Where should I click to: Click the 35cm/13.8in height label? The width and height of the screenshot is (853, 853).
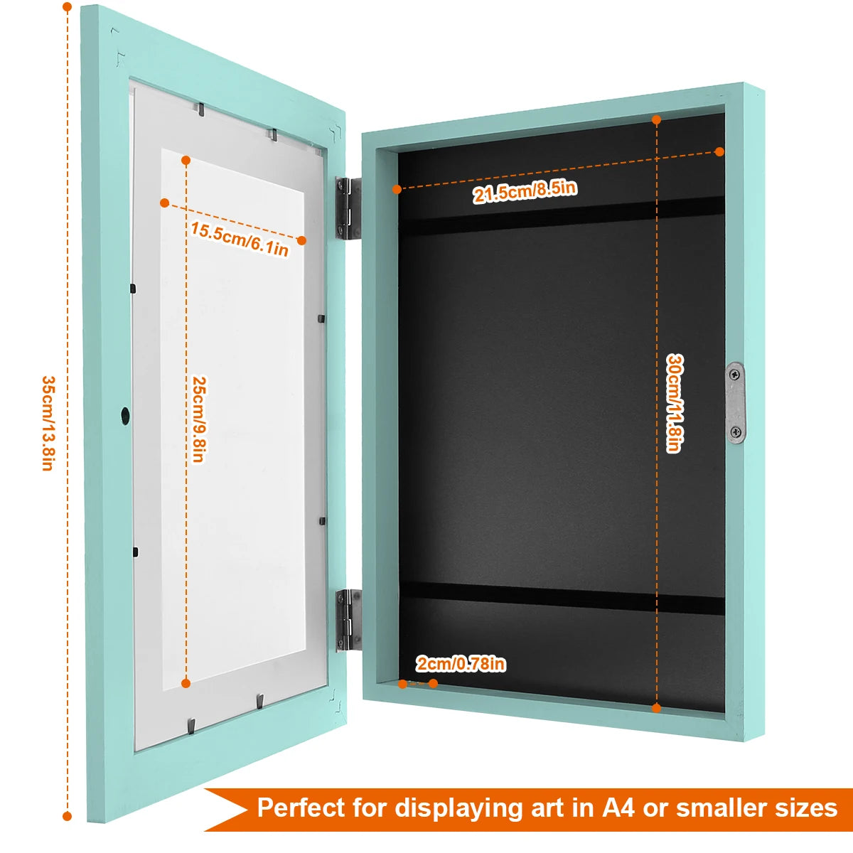47,423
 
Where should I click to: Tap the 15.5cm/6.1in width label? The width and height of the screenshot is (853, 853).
240,238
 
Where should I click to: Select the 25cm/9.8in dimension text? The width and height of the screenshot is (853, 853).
198,419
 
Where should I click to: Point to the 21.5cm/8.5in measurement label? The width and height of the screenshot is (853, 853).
525,191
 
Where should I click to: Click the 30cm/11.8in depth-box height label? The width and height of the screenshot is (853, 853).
673,403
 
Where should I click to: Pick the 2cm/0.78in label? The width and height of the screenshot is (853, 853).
461,664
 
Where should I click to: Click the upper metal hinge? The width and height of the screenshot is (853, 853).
348,208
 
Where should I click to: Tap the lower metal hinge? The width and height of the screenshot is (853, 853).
348,619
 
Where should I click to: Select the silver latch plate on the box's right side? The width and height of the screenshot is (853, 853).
736,402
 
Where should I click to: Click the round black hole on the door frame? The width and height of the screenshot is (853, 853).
125,414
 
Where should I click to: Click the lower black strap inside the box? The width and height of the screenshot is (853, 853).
562,598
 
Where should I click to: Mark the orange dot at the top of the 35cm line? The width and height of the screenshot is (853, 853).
67,8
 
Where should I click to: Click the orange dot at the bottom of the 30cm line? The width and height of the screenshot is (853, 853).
656,708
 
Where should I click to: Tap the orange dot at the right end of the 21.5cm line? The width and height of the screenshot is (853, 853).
719,151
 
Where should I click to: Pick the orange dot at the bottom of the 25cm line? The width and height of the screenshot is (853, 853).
186,683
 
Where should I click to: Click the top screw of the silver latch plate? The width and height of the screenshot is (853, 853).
736,375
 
